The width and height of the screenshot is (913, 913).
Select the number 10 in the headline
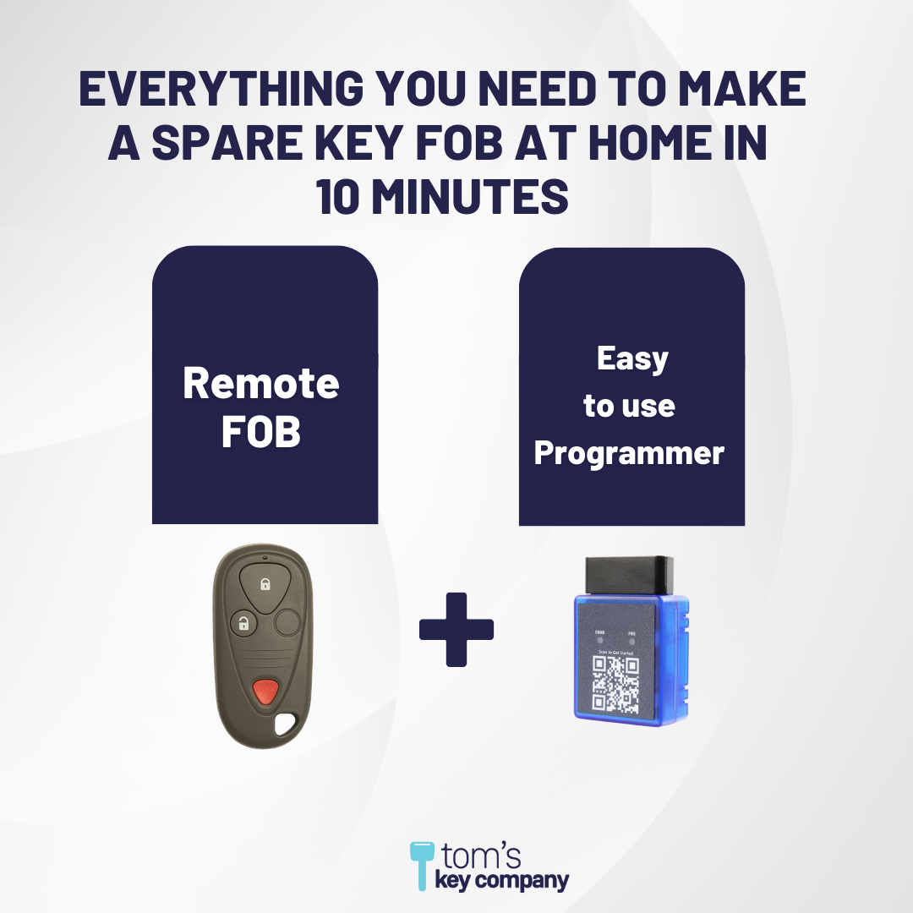click(x=342, y=199)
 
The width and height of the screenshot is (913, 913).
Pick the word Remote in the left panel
click(x=261, y=384)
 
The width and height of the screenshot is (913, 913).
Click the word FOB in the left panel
click(x=261, y=432)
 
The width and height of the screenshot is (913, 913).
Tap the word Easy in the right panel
click(x=632, y=358)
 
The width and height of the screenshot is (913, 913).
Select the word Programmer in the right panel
click(x=630, y=453)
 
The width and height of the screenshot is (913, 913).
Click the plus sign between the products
click(x=456, y=629)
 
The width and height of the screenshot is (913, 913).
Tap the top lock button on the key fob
click(x=265, y=584)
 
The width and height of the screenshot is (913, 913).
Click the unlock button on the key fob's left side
click(x=243, y=625)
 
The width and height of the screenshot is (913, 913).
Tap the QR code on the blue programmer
click(x=615, y=681)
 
